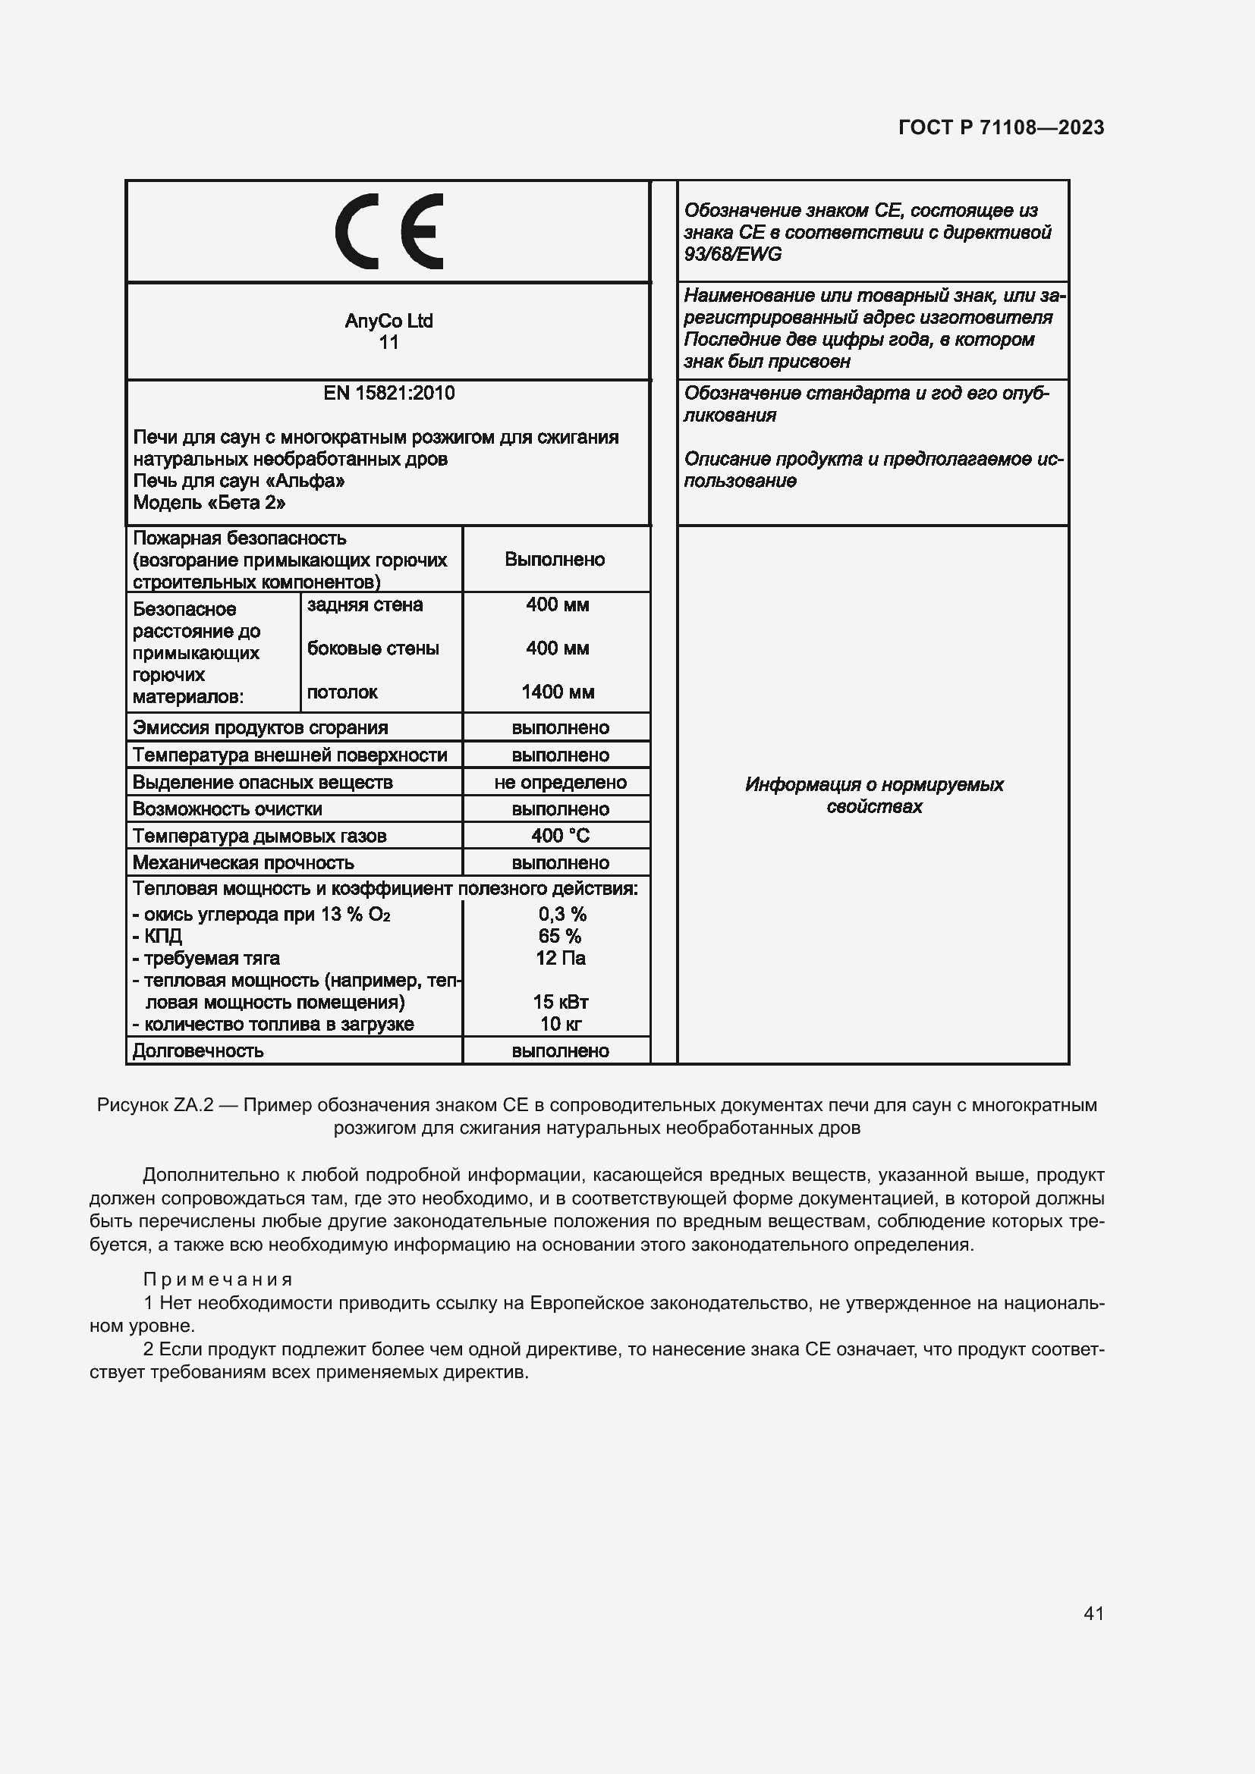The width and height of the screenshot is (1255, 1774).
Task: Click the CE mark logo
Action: (x=388, y=231)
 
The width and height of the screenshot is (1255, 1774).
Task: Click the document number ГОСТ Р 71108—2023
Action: (x=1001, y=127)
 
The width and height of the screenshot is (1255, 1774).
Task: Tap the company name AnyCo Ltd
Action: (x=388, y=321)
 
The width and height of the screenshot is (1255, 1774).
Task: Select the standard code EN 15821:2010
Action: (x=388, y=394)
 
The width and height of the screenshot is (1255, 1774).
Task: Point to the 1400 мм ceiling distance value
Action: (x=557, y=692)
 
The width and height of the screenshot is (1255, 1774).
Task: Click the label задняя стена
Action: (x=365, y=604)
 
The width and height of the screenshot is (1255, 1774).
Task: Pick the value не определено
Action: (x=560, y=782)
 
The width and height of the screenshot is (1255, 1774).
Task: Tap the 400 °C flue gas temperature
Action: (x=560, y=835)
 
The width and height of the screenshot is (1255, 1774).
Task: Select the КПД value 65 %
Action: (x=560, y=936)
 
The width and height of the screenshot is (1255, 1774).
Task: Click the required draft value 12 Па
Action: (x=560, y=958)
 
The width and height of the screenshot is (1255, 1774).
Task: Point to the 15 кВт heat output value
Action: (x=560, y=1002)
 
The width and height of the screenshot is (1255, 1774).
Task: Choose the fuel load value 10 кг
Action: (x=560, y=1024)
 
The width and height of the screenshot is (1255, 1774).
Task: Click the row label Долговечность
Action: (x=199, y=1050)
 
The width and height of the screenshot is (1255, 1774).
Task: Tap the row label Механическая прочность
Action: (x=244, y=862)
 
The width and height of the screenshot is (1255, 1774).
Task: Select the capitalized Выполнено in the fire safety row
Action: (x=555, y=560)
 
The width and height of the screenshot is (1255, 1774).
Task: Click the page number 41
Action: (x=1093, y=1613)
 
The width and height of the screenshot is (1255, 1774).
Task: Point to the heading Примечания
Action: (x=218, y=1279)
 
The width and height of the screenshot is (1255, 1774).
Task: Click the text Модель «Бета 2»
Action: (x=209, y=503)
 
